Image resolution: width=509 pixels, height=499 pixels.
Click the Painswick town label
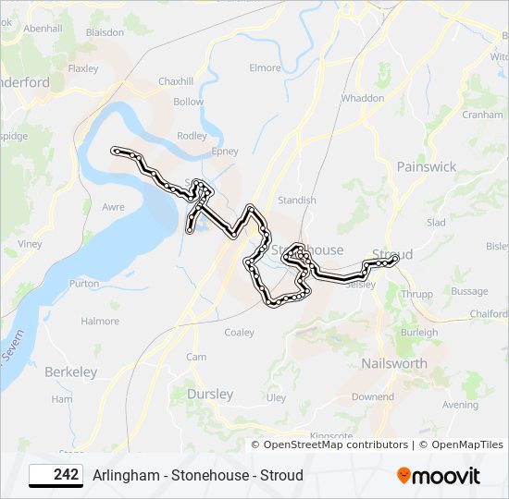tap(426, 166)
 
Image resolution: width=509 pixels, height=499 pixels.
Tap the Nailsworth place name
tap(394, 363)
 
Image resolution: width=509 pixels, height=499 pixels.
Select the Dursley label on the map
tap(210, 394)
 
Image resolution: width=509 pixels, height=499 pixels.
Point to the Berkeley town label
tap(70, 371)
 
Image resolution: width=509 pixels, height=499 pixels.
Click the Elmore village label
tap(265, 67)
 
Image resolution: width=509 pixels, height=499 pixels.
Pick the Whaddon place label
tap(363, 98)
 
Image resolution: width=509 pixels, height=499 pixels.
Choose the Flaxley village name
tap(83, 68)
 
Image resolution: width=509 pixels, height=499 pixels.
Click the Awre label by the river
tap(113, 208)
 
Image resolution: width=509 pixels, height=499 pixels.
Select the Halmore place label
tap(100, 322)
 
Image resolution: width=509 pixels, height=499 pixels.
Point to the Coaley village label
tap(239, 333)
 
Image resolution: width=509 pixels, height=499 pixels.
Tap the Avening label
tap(461, 405)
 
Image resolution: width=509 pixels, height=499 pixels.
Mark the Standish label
tap(297, 200)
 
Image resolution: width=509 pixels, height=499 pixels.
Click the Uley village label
tap(277, 398)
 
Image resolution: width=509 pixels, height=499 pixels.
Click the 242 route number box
tap(56, 475)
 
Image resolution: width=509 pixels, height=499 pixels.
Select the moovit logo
tap(439, 476)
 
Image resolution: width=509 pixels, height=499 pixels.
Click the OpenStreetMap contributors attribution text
tap(335, 444)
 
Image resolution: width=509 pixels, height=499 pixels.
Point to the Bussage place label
tap(469, 291)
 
